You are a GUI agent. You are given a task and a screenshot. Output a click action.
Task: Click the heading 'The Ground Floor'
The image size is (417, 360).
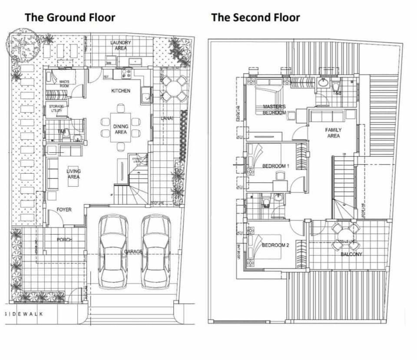[x=69, y=17]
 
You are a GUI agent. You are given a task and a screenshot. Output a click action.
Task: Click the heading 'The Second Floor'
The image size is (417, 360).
[x=255, y=17]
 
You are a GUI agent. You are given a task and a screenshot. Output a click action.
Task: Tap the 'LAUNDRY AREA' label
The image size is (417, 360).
[x=121, y=45]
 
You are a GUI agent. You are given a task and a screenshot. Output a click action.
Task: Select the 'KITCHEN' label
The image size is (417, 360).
[x=121, y=91]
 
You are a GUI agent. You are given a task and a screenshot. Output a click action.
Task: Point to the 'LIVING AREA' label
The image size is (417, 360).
[x=73, y=174]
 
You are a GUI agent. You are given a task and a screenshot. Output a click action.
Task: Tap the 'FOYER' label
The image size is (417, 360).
[x=64, y=210]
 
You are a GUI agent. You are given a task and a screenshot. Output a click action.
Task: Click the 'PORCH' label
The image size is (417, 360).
[x=64, y=240]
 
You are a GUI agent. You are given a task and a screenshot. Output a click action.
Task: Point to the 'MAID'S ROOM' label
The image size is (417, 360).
[x=64, y=83]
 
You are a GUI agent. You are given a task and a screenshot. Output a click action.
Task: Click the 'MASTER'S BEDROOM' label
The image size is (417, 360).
[x=274, y=109]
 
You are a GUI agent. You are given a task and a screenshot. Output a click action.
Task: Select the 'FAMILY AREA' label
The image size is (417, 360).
[x=333, y=133]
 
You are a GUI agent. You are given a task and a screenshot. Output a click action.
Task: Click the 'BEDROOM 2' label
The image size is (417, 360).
[x=275, y=245]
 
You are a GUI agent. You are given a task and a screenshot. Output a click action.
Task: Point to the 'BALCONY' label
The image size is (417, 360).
[x=351, y=254]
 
